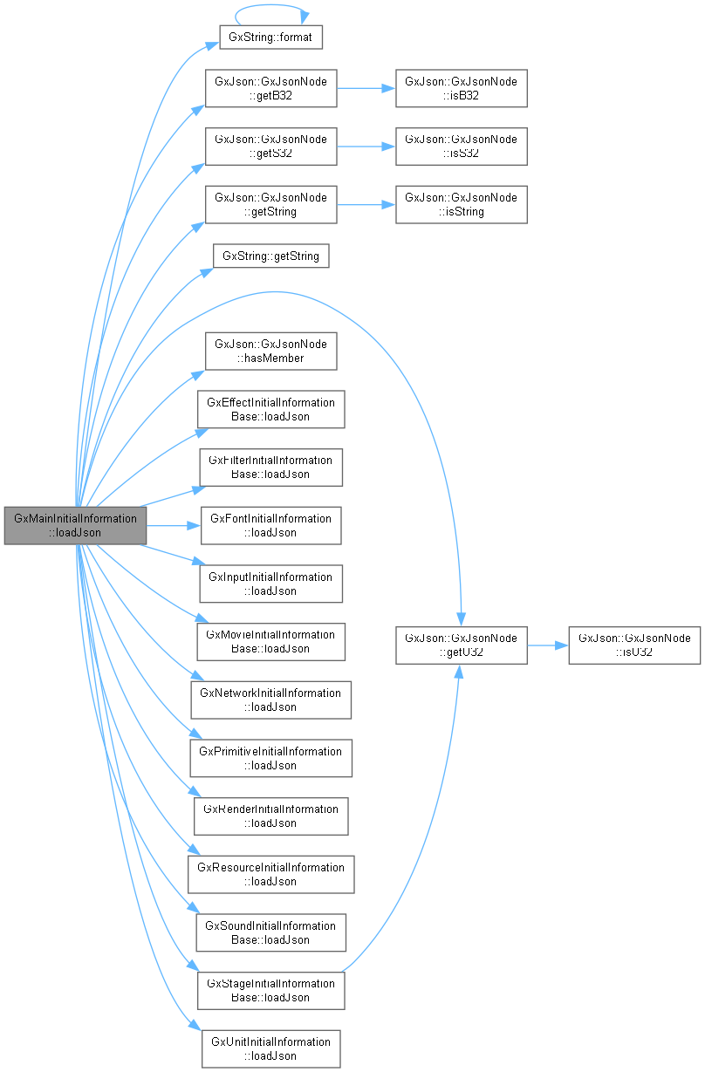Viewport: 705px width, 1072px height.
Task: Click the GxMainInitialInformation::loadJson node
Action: coord(75,525)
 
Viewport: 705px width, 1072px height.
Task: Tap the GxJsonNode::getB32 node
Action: coord(270,88)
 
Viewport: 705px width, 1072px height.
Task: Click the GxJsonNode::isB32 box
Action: coord(461,88)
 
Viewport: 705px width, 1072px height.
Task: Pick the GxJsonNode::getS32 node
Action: coord(270,146)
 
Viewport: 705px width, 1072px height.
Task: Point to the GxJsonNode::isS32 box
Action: coord(461,146)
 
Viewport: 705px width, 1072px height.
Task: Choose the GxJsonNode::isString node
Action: coord(461,204)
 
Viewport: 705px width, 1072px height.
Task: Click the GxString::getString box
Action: coord(271,256)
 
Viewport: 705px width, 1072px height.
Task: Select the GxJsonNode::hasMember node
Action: coord(270,351)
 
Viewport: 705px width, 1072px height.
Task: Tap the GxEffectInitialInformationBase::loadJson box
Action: coord(270,409)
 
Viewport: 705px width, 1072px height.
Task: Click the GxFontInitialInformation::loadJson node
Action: coord(270,525)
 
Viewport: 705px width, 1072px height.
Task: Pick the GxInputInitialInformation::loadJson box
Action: coord(270,584)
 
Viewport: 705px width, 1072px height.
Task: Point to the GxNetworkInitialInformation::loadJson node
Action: coord(270,700)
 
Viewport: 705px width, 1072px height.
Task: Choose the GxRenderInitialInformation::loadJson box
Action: coord(270,816)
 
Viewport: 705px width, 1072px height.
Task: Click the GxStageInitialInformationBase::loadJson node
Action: coord(270,990)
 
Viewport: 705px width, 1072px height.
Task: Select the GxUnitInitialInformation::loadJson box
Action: coord(270,1048)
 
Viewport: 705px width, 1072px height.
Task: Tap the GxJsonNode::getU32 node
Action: coord(461,645)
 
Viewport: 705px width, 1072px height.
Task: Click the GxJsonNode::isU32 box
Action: coord(634,645)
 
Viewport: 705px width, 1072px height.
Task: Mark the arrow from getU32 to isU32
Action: coord(547,645)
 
